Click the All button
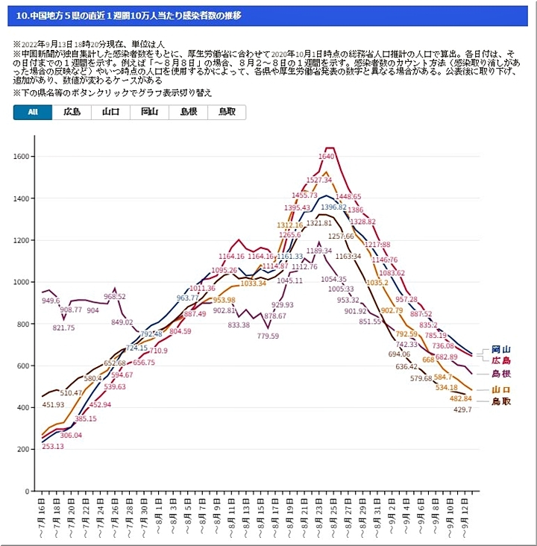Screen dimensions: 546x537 click(x=33, y=113)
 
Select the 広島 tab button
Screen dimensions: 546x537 click(x=72, y=113)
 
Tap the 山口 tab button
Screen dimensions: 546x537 click(x=110, y=113)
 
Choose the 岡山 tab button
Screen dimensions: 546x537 click(x=149, y=113)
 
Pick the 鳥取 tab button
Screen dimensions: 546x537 click(x=227, y=113)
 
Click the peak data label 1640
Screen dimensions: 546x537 click(x=326, y=157)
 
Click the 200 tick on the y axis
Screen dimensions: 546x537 click(x=25, y=450)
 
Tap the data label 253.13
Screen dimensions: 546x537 click(x=52, y=446)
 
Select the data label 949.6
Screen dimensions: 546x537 click(x=51, y=301)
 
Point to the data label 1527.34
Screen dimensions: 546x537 click(x=319, y=180)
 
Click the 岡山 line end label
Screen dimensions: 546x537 click(x=500, y=349)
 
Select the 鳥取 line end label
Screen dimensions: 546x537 click(x=500, y=401)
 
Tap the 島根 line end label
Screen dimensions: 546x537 click(x=500, y=374)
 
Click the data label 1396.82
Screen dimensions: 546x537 click(x=334, y=207)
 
